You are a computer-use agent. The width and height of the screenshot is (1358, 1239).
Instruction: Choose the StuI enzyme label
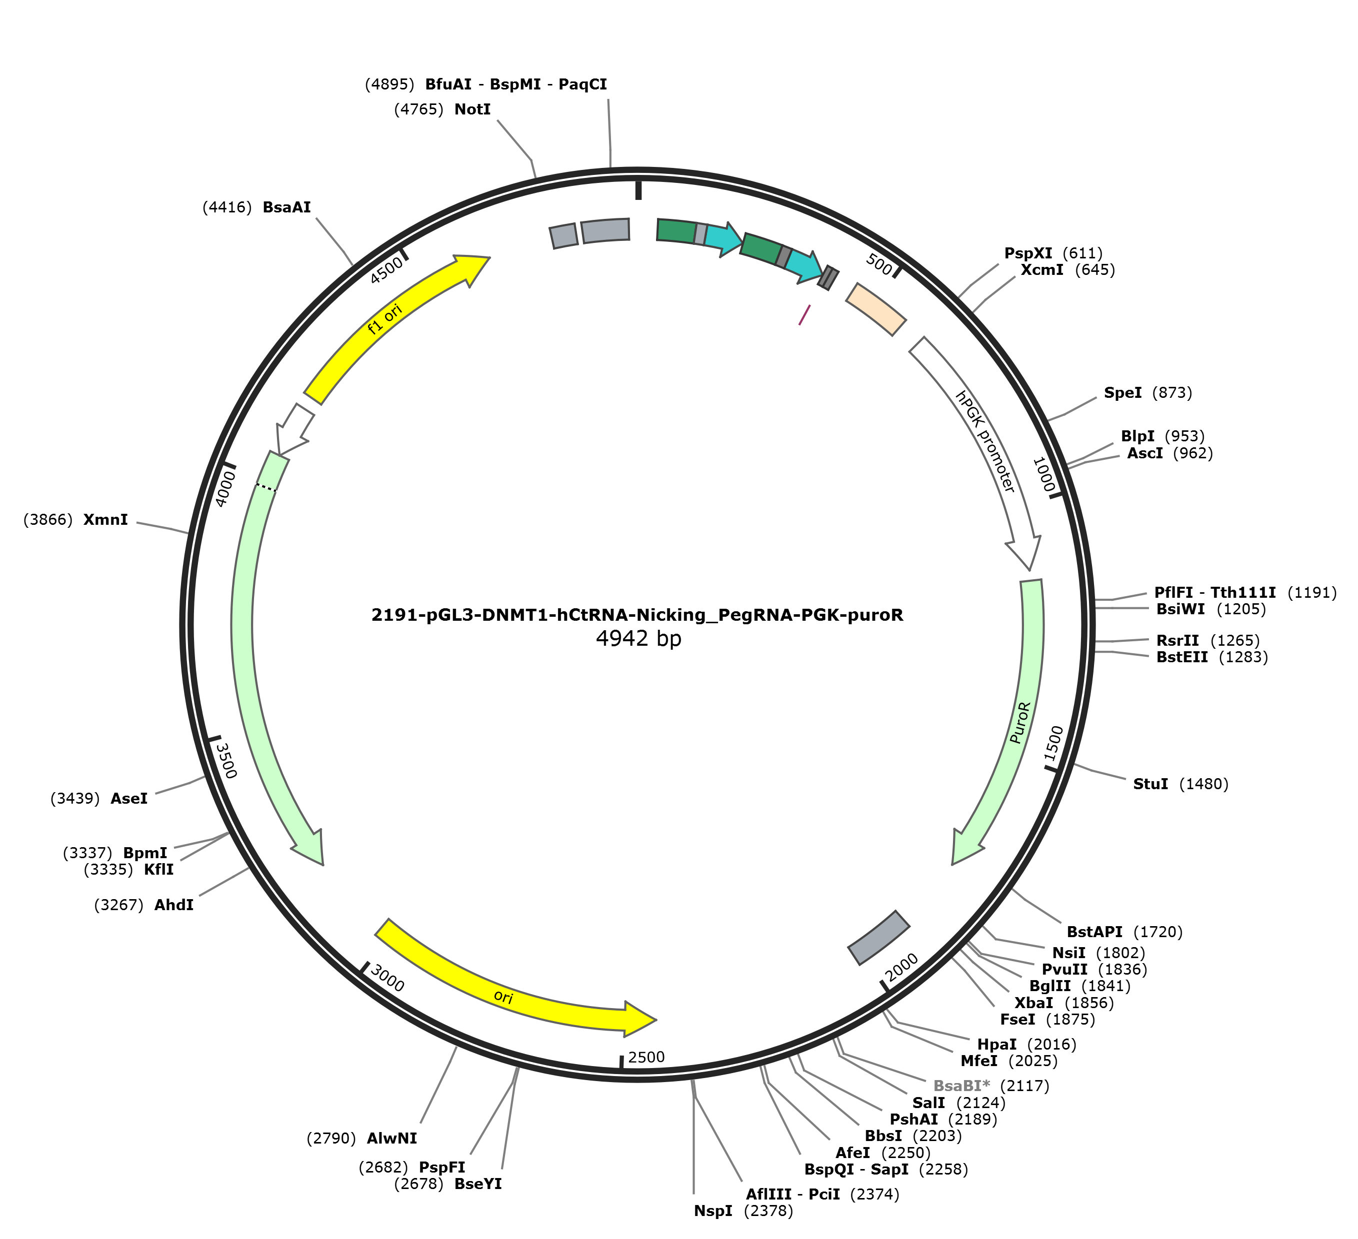tap(1150, 784)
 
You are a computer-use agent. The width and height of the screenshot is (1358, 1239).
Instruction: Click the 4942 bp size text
tap(638, 638)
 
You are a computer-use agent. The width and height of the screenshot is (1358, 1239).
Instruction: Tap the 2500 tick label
tap(646, 1057)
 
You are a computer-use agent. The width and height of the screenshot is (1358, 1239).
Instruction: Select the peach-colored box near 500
tap(875, 308)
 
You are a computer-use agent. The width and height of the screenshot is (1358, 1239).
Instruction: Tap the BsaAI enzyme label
tap(287, 207)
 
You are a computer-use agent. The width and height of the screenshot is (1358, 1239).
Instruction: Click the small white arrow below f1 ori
tap(295, 428)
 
